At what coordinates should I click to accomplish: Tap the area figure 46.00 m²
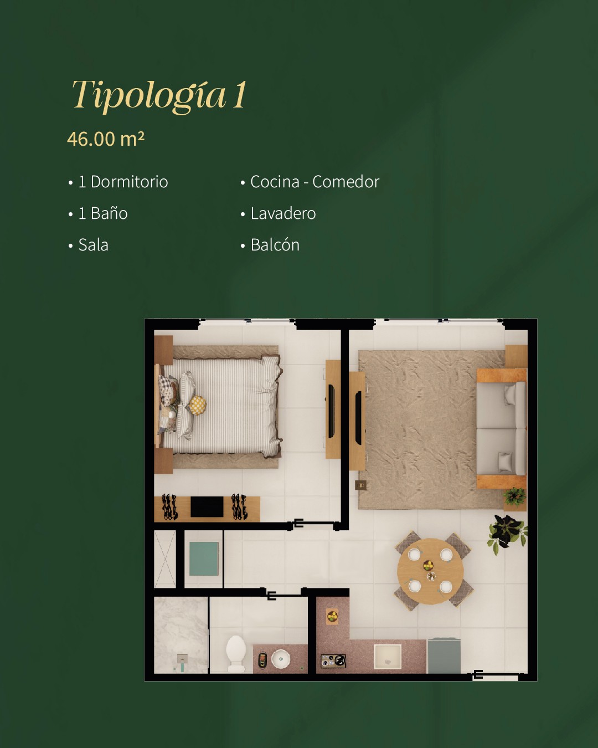point(106,139)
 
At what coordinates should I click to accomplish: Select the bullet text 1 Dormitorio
point(123,182)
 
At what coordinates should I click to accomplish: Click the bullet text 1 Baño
point(103,213)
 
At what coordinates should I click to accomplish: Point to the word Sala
point(93,245)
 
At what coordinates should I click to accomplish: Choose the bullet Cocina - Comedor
point(315,182)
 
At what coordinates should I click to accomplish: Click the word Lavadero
point(283,213)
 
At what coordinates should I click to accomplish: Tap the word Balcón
point(275,245)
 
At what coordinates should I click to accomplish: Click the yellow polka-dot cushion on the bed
point(197,405)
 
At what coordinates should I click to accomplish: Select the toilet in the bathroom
point(236,654)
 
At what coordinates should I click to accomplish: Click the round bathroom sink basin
point(280,658)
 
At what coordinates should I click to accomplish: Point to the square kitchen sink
point(388,657)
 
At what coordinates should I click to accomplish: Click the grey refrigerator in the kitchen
point(444,656)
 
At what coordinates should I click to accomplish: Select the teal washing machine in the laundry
point(204,559)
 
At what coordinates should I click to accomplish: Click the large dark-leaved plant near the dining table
point(508,533)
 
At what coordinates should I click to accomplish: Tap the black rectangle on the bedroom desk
point(207,506)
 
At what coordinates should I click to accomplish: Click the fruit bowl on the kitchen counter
point(333,617)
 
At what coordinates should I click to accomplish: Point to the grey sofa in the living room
point(502,428)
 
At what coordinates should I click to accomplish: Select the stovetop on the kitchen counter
point(333,661)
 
